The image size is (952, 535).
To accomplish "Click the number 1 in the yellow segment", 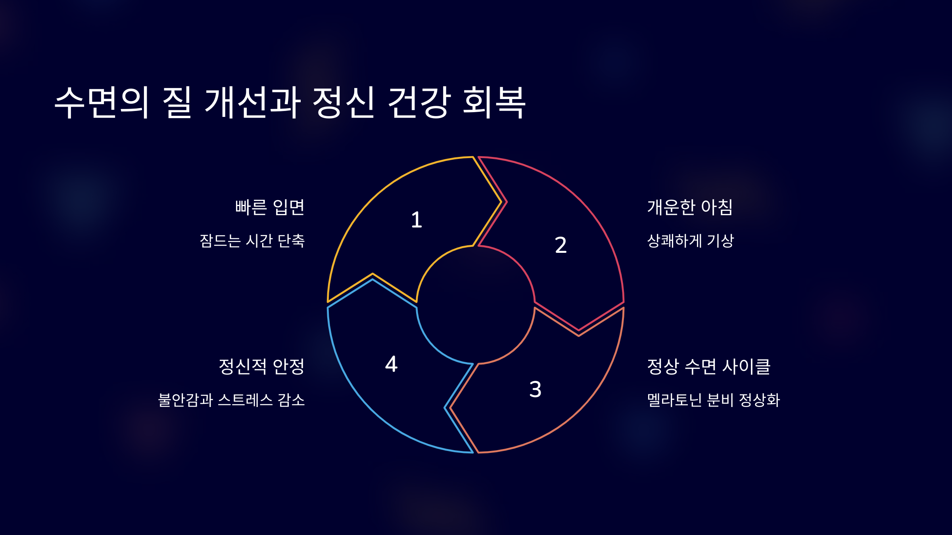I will tap(416, 220).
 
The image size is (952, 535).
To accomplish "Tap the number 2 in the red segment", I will tap(560, 245).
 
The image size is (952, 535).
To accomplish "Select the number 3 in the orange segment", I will tap(535, 389).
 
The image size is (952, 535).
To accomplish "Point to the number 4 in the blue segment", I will tap(391, 364).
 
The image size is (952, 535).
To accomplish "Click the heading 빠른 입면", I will tap(270, 207).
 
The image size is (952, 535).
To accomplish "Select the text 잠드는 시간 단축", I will tap(252, 241).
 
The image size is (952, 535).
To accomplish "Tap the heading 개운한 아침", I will tap(690, 207).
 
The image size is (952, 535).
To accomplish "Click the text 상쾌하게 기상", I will tap(691, 241).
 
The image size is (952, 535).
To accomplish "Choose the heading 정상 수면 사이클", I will tap(709, 367).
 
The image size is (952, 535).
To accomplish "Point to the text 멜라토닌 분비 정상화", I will tap(714, 400).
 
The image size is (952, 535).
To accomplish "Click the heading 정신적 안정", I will tap(262, 367).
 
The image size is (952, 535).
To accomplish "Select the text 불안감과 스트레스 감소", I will tap(232, 400).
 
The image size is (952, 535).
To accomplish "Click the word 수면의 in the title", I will tap(102, 102).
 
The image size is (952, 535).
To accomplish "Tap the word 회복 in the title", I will tap(494, 102).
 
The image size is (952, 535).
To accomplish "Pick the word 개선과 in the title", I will tap(253, 102).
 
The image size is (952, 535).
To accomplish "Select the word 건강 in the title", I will tap(419, 102).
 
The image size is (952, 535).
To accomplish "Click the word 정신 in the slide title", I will tap(344, 102).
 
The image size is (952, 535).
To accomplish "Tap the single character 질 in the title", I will tap(177, 102).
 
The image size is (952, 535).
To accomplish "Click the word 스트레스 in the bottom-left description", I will tap(246, 400).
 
